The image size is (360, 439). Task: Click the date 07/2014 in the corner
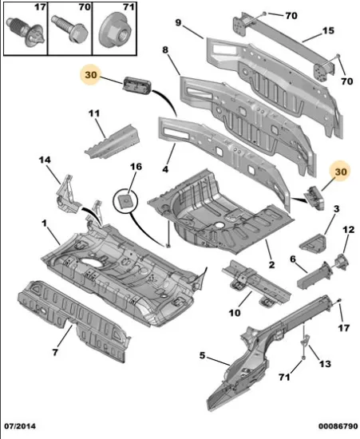tap(20, 426)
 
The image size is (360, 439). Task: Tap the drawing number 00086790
tap(338, 426)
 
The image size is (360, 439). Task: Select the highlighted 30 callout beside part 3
tap(340, 172)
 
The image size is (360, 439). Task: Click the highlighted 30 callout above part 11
tap(91, 75)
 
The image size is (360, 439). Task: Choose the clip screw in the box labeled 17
tap(26, 32)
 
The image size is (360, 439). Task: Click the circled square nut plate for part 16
tap(125, 200)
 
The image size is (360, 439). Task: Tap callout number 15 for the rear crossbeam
tap(328, 30)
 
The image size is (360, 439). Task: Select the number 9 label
tap(178, 22)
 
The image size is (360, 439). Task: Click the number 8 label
tap(165, 49)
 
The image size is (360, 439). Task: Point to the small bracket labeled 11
tap(113, 142)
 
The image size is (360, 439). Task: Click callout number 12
tap(349, 230)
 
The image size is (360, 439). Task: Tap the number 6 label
tap(293, 259)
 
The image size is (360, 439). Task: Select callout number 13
tap(325, 364)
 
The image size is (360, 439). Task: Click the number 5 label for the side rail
tap(202, 355)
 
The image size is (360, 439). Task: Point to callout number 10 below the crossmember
tap(235, 313)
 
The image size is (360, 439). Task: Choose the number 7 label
tap(55, 352)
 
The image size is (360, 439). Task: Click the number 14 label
tap(45, 160)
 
